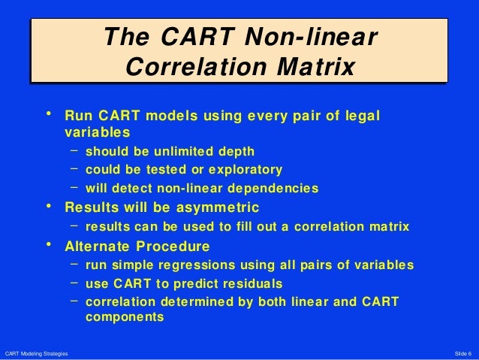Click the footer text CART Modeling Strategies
point(36,353)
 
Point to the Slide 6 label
point(463,353)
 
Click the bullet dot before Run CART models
point(50,115)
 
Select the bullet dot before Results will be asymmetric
point(50,206)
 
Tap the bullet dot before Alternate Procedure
point(50,245)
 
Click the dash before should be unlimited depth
point(75,149)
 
